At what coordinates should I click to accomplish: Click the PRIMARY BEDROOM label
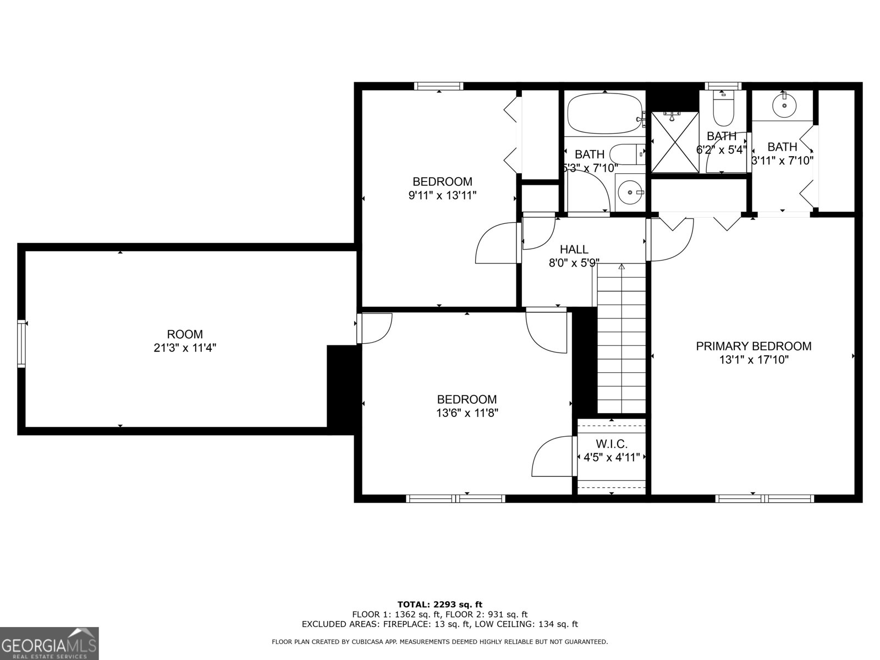click(x=754, y=346)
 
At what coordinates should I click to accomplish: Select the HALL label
click(x=574, y=250)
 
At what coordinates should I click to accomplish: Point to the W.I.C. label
click(x=611, y=444)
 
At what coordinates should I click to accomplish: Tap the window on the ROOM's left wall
click(x=21, y=344)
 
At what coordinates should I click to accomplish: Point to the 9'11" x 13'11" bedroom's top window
click(x=438, y=86)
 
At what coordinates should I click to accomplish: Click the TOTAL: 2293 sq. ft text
click(x=439, y=604)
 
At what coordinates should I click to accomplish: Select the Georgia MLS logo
click(x=49, y=643)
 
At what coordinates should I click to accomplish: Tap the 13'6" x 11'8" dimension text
click(x=468, y=413)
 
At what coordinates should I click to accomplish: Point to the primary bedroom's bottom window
click(x=764, y=498)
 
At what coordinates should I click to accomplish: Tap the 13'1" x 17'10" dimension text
click(x=754, y=360)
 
